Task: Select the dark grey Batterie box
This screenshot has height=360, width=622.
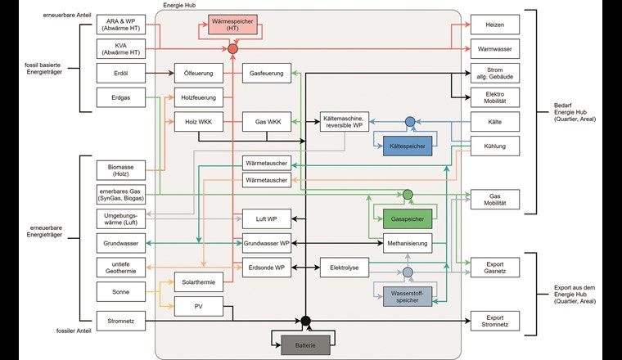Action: (305, 345)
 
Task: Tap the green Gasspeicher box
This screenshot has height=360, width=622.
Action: (407, 219)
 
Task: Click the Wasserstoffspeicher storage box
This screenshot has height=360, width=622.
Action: (406, 295)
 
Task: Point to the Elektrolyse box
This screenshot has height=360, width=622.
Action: (344, 267)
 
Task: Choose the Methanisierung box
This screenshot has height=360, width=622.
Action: (407, 243)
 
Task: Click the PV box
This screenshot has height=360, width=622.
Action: (197, 307)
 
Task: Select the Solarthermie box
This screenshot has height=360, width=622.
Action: (197, 282)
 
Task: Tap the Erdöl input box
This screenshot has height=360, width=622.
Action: (120, 74)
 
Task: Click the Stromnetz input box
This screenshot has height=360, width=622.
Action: (120, 320)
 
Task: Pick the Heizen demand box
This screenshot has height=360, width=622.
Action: (494, 25)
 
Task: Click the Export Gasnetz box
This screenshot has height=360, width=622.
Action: (494, 267)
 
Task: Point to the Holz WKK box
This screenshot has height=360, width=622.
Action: (197, 123)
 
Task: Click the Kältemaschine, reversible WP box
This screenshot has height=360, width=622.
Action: (344, 123)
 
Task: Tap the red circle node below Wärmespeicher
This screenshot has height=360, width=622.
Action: (232, 50)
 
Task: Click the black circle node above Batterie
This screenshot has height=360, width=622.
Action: (305, 320)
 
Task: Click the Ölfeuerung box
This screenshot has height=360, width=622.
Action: (197, 74)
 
